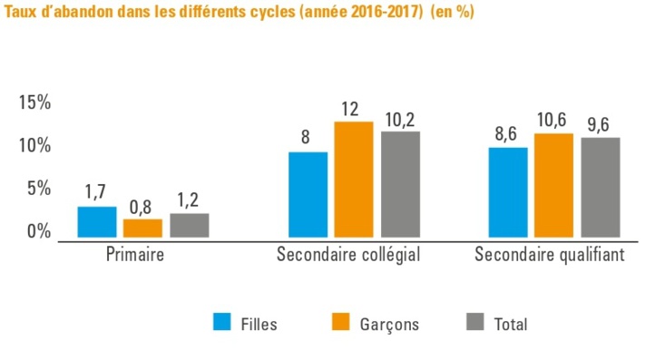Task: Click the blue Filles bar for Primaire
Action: point(96,222)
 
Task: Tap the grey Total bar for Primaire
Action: point(189,226)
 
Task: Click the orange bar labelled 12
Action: point(354,180)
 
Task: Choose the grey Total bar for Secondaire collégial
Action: point(400,185)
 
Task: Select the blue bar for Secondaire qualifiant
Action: point(508,192)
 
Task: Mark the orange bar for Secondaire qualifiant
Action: point(553,186)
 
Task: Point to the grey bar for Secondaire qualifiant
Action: point(600,188)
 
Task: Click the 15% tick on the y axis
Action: point(34,102)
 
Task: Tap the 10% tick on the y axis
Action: point(34,146)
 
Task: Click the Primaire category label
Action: point(134,255)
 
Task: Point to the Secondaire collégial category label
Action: point(348,255)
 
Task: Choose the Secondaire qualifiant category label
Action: point(550,255)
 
